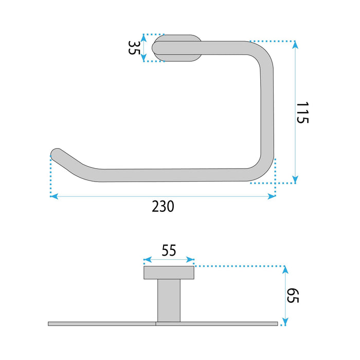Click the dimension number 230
(163, 207)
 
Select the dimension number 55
(169, 250)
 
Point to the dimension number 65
(293, 296)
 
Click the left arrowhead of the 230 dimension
(53, 196)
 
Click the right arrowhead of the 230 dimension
(273, 196)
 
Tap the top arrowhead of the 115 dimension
(295, 45)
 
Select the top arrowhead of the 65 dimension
(285, 269)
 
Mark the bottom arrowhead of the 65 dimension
(285, 322)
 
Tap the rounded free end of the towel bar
(56, 154)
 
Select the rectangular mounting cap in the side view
(169, 272)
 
